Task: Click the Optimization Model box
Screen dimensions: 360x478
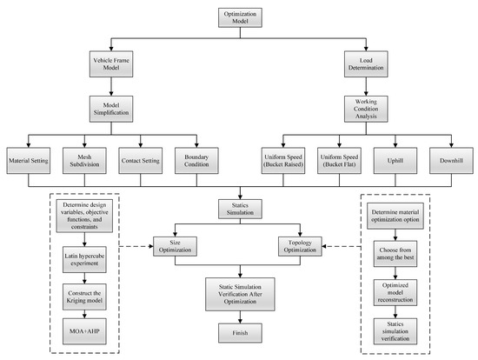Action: point(238,18)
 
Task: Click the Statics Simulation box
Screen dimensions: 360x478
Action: point(238,208)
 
